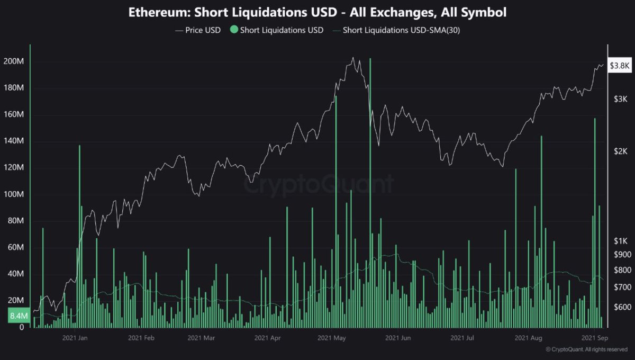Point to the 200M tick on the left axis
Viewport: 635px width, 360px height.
[x=14, y=62]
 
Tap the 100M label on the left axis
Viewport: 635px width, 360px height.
[x=14, y=195]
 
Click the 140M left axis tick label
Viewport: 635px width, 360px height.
[x=14, y=141]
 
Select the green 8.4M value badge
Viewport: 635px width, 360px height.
[x=14, y=317]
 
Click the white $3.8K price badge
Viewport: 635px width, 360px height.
[x=619, y=66]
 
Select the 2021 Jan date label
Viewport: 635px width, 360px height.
[x=75, y=337]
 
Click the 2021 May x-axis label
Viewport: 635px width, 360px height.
[x=332, y=337]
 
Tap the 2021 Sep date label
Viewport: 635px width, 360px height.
[x=594, y=337]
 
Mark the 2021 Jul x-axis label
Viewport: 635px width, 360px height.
[x=462, y=337]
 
